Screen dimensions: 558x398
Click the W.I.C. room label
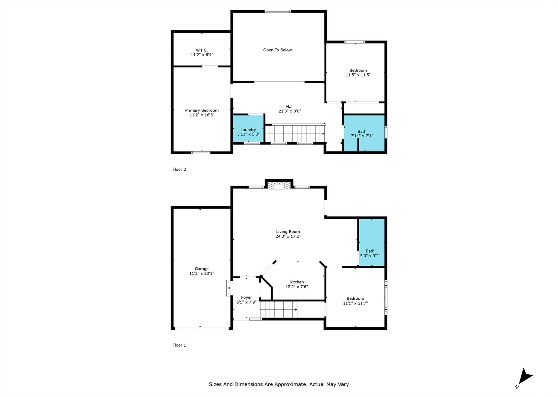202,50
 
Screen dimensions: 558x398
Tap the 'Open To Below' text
277,50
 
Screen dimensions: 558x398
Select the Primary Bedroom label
202,110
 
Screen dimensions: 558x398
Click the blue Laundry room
248,128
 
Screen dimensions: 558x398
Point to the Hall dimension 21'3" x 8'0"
290,111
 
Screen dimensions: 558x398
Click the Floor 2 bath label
362,131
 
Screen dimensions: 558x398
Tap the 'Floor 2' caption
179,169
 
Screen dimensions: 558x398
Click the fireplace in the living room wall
279,186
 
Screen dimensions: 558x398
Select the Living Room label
288,232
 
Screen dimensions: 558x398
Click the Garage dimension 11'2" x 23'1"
202,274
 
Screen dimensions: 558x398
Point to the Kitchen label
296,282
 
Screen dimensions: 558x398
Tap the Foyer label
246,298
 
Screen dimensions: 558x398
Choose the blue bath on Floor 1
372,242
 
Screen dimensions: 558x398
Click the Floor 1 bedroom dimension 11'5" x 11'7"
355,303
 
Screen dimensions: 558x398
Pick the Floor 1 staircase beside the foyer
279,309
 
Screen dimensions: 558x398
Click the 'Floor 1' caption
179,345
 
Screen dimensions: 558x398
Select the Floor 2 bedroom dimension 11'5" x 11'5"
358,75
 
